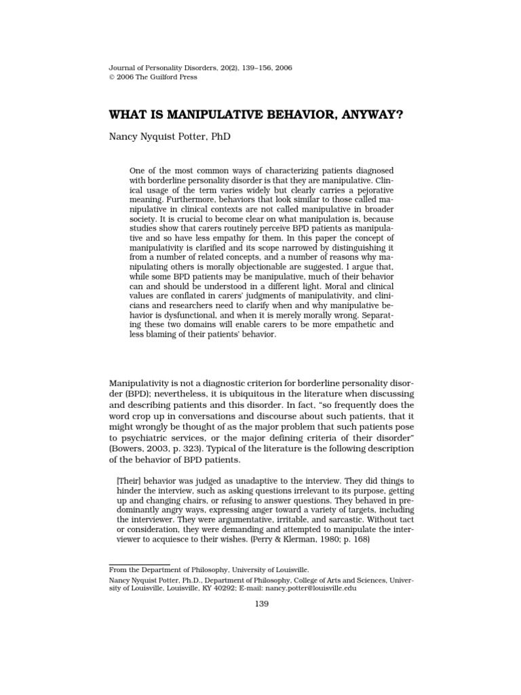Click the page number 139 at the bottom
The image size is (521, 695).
coord(260,604)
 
